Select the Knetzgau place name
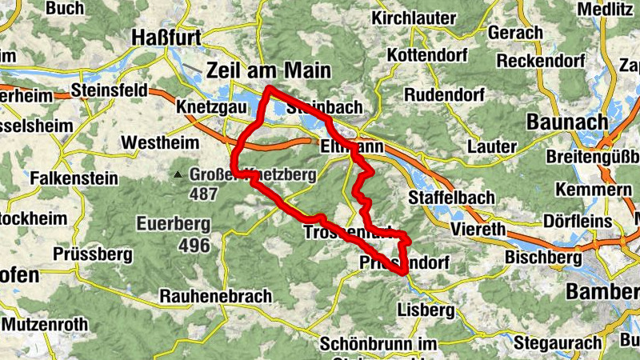pyautogui.click(x=205, y=107)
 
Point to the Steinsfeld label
pyautogui.click(x=109, y=90)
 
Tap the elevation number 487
pyautogui.click(x=205, y=194)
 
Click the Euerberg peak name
pyautogui.click(x=173, y=223)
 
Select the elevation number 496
pyautogui.click(x=194, y=246)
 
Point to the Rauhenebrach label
pyautogui.click(x=216, y=296)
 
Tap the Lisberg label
pyautogui.click(x=426, y=310)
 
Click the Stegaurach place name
pyautogui.click(x=558, y=343)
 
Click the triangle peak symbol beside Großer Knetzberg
pyautogui.click(x=178, y=174)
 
